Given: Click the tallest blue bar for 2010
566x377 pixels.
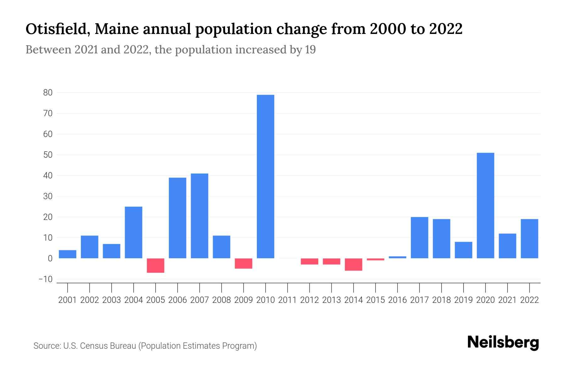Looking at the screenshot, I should (x=265, y=176).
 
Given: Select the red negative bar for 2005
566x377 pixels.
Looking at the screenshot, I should (x=155, y=265).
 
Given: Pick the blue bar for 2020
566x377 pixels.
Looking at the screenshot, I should (x=485, y=205).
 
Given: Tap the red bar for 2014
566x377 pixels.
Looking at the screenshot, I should (x=353, y=265).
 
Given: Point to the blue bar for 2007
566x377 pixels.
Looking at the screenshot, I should (x=199, y=216).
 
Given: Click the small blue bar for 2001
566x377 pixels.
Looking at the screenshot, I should (x=68, y=254).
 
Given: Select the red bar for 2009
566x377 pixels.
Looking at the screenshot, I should (x=243, y=264).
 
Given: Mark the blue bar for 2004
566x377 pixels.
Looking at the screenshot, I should (x=133, y=232).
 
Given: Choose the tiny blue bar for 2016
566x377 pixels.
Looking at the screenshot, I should (x=397, y=257).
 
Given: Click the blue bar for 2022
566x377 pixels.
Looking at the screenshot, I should (x=529, y=239).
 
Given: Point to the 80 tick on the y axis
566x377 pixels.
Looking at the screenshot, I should (x=48, y=93).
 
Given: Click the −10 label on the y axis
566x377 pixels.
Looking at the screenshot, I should (x=46, y=279).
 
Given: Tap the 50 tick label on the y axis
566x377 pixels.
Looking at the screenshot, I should (x=48, y=155).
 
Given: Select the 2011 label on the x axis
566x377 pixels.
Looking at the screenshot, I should (x=287, y=300).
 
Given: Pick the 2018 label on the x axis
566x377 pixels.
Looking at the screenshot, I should (x=441, y=300).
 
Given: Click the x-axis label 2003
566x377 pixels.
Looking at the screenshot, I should (x=112, y=300).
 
